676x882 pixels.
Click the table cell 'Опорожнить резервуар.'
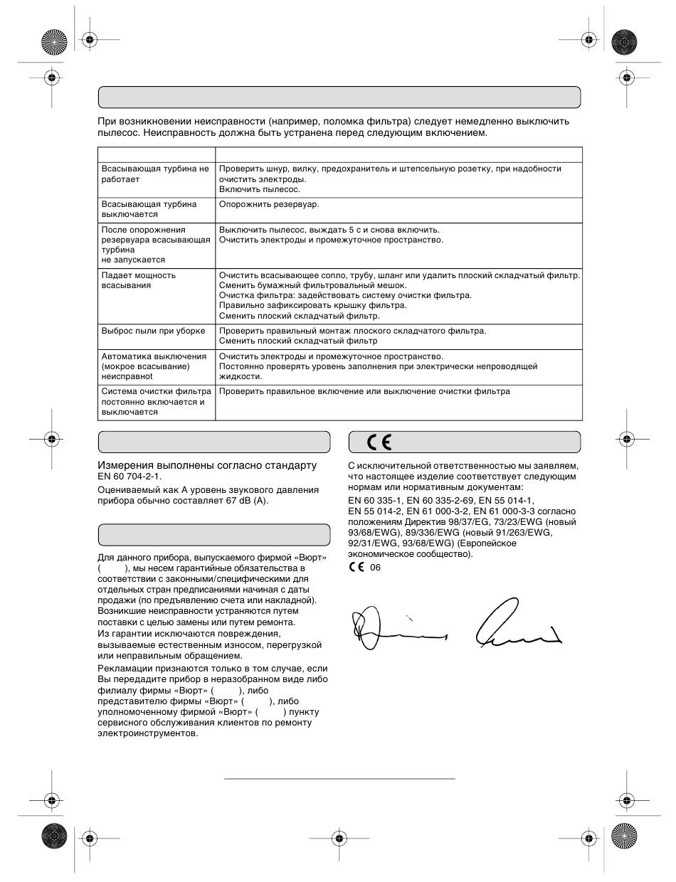click(x=269, y=204)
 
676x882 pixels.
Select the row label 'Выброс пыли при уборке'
click(x=153, y=331)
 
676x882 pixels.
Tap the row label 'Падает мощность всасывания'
click(x=139, y=280)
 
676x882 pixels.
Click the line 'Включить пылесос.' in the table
click(x=259, y=189)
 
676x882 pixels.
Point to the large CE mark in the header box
click(x=379, y=442)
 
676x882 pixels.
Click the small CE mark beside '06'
click(x=356, y=568)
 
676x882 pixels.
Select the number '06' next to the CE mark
click(x=376, y=568)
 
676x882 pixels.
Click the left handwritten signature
click(x=395, y=627)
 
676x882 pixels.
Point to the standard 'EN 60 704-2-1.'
click(x=134, y=477)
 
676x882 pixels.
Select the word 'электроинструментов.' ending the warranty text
click(x=147, y=733)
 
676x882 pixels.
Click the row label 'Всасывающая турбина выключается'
click(x=149, y=209)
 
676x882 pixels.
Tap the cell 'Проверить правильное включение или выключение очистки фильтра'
click(x=364, y=391)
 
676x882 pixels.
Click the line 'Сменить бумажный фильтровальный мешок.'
click(x=313, y=285)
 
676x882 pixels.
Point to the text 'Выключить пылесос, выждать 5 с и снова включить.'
click(x=329, y=230)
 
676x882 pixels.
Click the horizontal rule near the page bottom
click(x=339, y=779)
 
